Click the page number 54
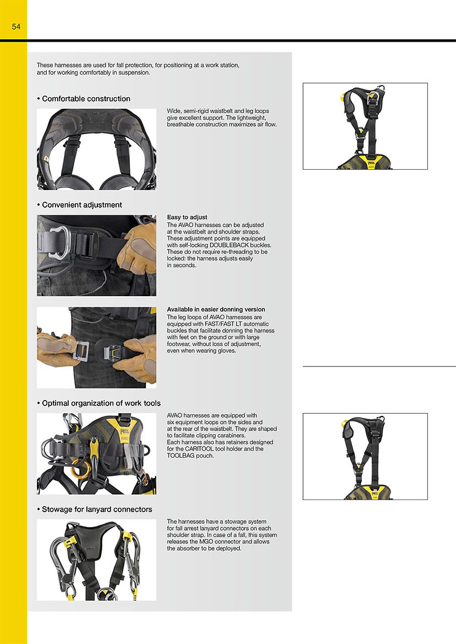point(16,26)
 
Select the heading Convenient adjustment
point(82,205)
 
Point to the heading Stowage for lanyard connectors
point(97,509)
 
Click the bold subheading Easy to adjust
point(187,218)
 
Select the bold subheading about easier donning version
point(216,310)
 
